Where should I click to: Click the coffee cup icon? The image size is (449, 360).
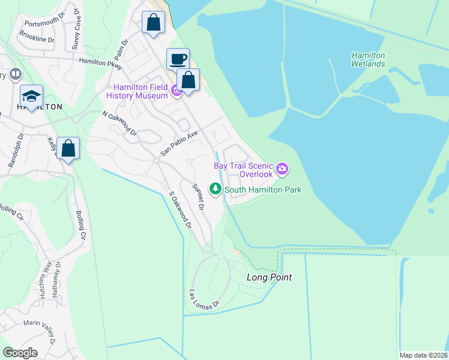point(178,59)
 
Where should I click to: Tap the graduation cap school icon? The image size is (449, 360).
point(32,95)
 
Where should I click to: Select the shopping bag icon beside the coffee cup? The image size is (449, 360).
point(188,79)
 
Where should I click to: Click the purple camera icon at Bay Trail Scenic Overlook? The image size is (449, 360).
point(282,170)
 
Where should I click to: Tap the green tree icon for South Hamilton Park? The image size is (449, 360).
point(215,189)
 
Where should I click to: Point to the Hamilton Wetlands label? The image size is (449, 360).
point(368,59)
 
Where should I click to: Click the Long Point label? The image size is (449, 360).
point(269,277)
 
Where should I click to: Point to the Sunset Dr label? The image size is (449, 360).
point(197,197)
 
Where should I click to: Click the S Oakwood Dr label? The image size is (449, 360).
point(179,210)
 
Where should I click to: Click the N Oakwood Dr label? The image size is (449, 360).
point(119,123)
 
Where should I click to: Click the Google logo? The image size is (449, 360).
point(20,352)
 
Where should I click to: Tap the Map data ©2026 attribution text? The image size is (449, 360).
point(423,355)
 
